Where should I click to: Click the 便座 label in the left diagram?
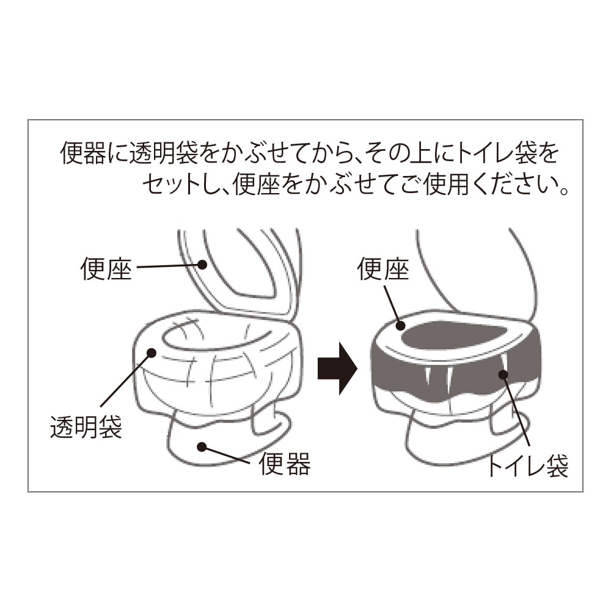coord(106,268)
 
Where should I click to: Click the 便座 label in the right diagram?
coord(383,268)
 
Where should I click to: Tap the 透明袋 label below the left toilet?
coord(86,426)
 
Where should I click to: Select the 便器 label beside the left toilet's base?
coord(285,463)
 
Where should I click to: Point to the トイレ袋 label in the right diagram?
coord(527,466)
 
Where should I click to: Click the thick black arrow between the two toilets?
coord(337,368)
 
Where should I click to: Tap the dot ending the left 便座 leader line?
coord(202,265)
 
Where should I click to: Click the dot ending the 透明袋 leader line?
coord(151,353)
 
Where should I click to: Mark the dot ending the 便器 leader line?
coord(202,447)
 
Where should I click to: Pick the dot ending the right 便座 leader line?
coord(401,326)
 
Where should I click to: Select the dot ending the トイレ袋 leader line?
coord(503,375)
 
